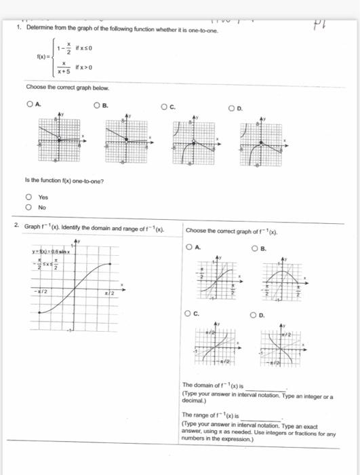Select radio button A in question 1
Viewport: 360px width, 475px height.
click(31, 104)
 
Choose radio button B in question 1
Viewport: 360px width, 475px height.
click(98, 105)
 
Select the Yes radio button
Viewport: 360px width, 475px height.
click(29, 198)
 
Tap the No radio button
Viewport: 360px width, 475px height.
click(29, 208)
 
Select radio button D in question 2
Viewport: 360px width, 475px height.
click(253, 314)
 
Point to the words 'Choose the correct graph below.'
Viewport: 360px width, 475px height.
click(67, 88)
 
